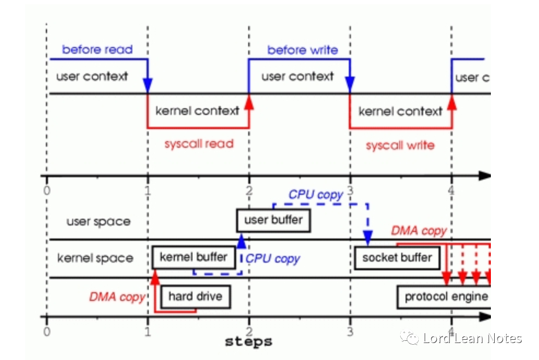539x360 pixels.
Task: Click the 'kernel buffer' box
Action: pyautogui.click(x=194, y=257)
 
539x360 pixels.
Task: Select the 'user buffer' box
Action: pyautogui.click(x=273, y=220)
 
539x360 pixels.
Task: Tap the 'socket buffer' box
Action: pyautogui.click(x=397, y=258)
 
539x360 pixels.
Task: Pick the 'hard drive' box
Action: pyautogui.click(x=195, y=297)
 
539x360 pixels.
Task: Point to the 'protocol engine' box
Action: pyautogui.click(x=446, y=297)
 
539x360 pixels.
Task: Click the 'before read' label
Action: pyautogui.click(x=97, y=50)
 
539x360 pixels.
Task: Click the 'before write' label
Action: pyautogui.click(x=302, y=50)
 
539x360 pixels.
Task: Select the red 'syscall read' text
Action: pyautogui.click(x=199, y=144)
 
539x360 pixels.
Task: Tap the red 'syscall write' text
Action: pyautogui.click(x=400, y=146)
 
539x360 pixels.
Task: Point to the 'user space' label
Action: pyautogui.click(x=98, y=222)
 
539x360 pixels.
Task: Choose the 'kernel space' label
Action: pyautogui.click(x=95, y=258)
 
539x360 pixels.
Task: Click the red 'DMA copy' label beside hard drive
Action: pyautogui.click(x=117, y=297)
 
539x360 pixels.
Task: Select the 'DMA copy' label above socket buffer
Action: pyautogui.click(x=419, y=231)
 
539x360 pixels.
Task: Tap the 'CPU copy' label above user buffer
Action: pyautogui.click(x=316, y=195)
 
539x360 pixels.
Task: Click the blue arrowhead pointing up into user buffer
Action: pyautogui.click(x=241, y=240)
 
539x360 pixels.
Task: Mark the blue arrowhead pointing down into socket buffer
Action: pyautogui.click(x=368, y=239)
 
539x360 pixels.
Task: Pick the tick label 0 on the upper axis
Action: pyautogui.click(x=47, y=191)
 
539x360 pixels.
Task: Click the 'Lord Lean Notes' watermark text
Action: pyautogui.click(x=472, y=339)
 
